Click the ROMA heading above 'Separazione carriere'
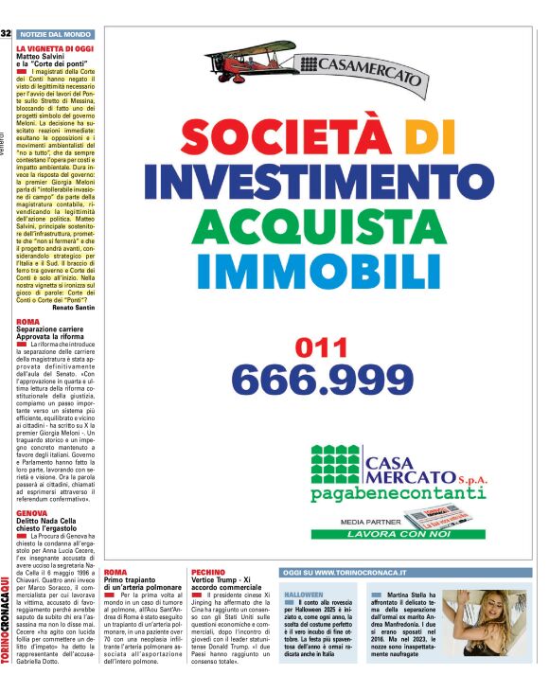pos(28,322)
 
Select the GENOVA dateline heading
pos(32,512)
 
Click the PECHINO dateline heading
pos(208,573)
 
